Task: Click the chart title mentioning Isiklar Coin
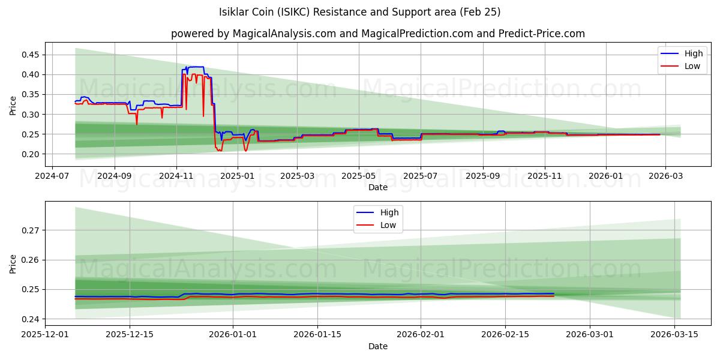coord(360,12)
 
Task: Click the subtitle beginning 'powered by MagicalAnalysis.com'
coord(378,34)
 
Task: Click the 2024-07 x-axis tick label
coord(52,176)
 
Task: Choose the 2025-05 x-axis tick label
coord(359,176)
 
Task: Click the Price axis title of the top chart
coord(13,105)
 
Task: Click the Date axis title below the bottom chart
coord(378,346)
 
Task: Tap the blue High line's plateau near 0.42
coord(196,67)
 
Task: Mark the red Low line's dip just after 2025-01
coord(245,150)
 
